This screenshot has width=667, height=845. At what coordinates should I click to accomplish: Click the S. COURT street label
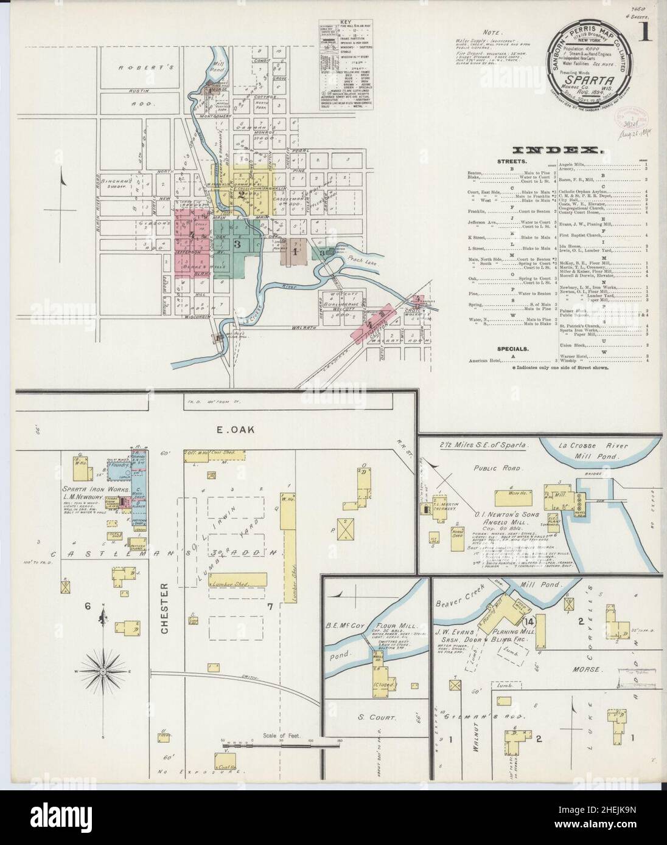pos(375,717)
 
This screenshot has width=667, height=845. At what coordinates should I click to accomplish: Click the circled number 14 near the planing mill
pos(527,621)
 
